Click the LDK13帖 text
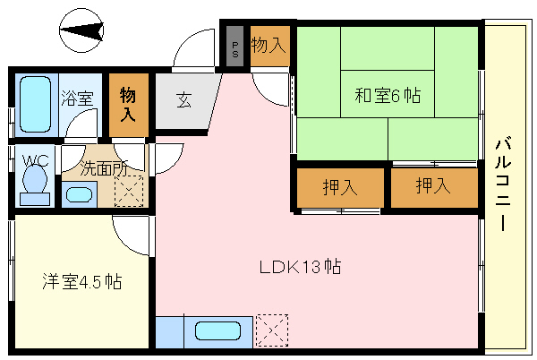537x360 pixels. tap(300, 266)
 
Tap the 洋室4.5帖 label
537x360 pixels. tap(81, 282)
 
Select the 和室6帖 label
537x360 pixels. tap(388, 95)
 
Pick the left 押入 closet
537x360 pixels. tap(340, 188)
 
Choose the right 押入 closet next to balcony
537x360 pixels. tap(434, 187)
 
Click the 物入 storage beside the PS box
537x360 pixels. tap(268, 46)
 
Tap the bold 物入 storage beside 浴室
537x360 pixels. tap(129, 104)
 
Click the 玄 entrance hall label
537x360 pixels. tap(183, 101)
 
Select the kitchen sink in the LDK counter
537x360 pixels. tap(218, 331)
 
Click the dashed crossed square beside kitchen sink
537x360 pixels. tap(272, 330)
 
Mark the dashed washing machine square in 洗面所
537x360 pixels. tap(128, 190)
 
